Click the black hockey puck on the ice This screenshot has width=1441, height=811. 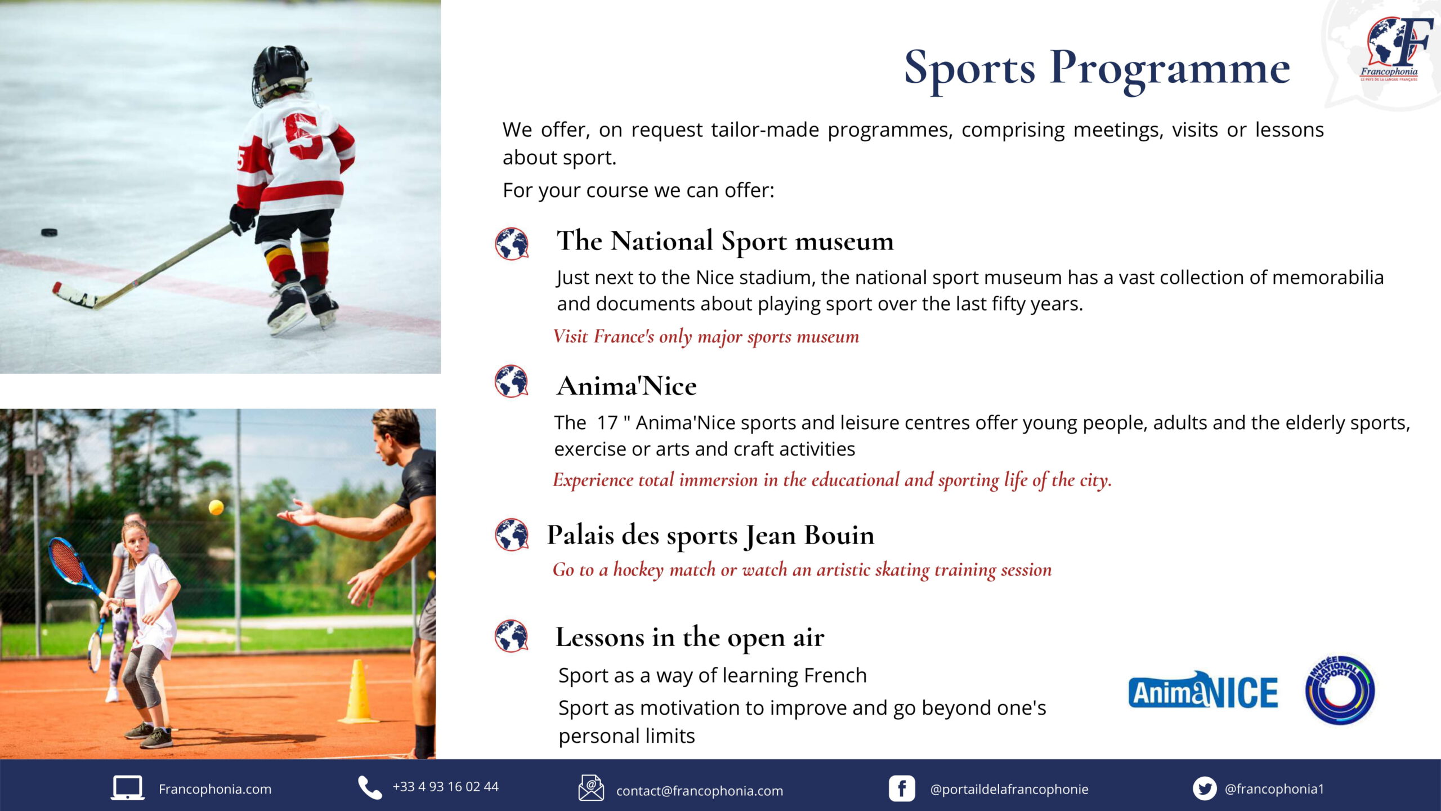[x=49, y=233]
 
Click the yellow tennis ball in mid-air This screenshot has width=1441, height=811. [x=216, y=507]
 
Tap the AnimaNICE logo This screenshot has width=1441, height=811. [x=1203, y=690]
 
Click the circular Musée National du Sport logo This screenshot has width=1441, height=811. [x=1340, y=690]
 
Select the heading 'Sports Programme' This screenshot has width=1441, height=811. [x=1097, y=69]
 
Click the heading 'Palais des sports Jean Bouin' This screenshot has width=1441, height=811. [x=710, y=535]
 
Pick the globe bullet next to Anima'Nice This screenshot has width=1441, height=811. [x=511, y=381]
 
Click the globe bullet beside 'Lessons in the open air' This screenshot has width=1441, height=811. [x=511, y=636]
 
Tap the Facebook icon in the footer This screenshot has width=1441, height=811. [x=902, y=788]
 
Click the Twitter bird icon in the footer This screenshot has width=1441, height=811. [x=1205, y=788]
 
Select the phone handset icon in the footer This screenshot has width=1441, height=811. [x=370, y=787]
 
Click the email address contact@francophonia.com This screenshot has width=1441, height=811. [x=700, y=791]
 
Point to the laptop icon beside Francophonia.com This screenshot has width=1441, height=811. [x=127, y=788]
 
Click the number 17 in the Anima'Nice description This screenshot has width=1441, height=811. [x=607, y=422]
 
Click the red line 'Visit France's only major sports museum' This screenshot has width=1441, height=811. [x=706, y=337]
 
